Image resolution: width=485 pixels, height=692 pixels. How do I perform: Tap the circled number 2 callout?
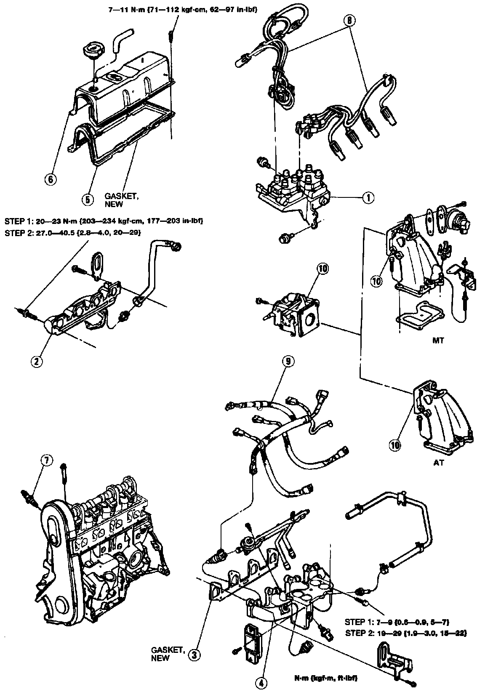point(37,361)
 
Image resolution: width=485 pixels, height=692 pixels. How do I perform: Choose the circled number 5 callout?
point(87,199)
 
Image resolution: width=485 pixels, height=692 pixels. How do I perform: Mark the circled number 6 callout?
point(50,179)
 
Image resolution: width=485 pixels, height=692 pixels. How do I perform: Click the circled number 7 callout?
point(46,461)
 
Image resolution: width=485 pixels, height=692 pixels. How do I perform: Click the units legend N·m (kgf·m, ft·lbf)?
point(327,679)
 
